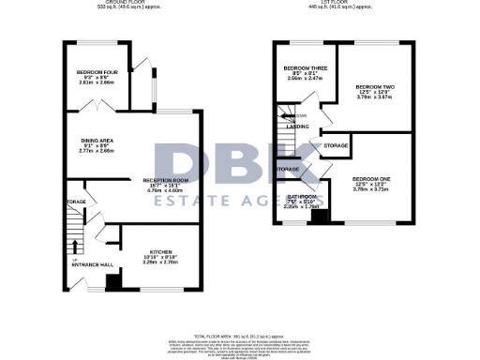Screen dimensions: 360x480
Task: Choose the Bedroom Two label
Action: (373, 87)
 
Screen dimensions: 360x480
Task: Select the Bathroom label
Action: (303, 196)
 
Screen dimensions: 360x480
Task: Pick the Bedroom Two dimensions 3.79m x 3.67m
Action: (373, 98)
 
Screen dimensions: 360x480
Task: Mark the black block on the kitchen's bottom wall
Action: (112, 281)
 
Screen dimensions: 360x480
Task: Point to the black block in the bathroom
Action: (319, 217)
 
